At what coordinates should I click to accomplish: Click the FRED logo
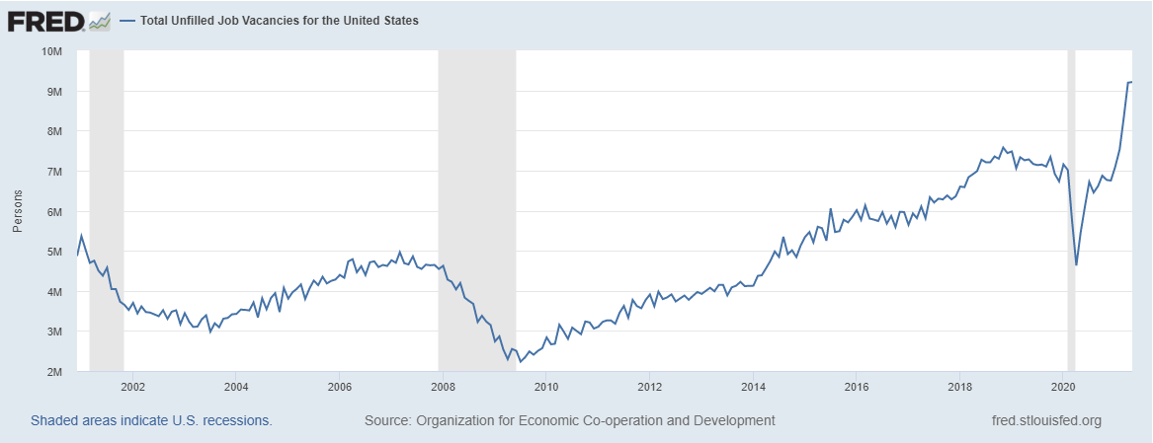(x=45, y=20)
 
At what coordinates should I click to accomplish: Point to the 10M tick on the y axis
(x=51, y=50)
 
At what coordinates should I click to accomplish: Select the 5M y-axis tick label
(x=54, y=252)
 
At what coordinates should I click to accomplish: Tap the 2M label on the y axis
(x=54, y=372)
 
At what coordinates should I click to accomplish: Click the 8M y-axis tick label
(x=54, y=131)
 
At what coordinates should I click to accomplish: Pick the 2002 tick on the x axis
(x=132, y=387)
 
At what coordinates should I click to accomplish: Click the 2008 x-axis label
(x=443, y=387)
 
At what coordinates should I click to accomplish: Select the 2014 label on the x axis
(x=753, y=387)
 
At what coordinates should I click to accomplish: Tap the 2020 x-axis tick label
(x=1063, y=387)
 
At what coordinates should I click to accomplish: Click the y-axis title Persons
(x=17, y=211)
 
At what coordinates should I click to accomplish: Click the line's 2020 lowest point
(x=1076, y=265)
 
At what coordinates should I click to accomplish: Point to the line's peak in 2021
(x=1130, y=82)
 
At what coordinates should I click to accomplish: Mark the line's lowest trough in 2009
(x=521, y=361)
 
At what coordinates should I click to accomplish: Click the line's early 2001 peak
(x=81, y=235)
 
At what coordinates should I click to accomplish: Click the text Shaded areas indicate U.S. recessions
(x=151, y=420)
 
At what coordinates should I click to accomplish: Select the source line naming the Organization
(x=569, y=420)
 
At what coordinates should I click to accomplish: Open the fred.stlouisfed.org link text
(x=1045, y=420)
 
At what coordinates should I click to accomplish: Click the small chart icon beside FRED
(x=99, y=21)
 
